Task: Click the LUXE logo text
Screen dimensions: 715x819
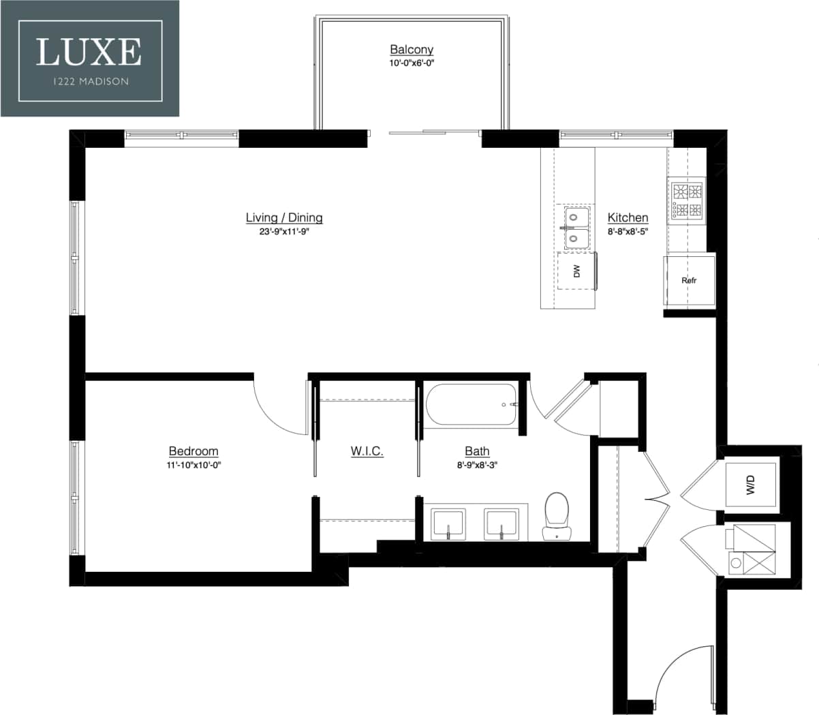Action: pyautogui.click(x=89, y=52)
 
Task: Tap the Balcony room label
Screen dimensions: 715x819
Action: pyautogui.click(x=412, y=49)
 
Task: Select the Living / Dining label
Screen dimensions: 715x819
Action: pyautogui.click(x=284, y=217)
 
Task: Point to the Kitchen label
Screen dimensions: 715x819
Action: pyautogui.click(x=628, y=217)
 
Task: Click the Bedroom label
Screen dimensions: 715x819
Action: pyautogui.click(x=194, y=451)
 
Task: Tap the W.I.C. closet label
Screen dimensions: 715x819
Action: pyautogui.click(x=367, y=451)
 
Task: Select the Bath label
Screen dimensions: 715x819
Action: pyautogui.click(x=477, y=451)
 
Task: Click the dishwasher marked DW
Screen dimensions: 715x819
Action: pyautogui.click(x=576, y=271)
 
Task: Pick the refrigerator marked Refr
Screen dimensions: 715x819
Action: pyautogui.click(x=690, y=280)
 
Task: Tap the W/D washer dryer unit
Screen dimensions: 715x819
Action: pyautogui.click(x=751, y=485)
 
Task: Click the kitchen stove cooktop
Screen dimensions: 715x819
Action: pyautogui.click(x=687, y=200)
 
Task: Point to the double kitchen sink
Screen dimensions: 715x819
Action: pyautogui.click(x=576, y=228)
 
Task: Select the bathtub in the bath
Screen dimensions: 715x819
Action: pyautogui.click(x=472, y=405)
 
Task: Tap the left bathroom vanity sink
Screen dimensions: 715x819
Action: pyautogui.click(x=448, y=523)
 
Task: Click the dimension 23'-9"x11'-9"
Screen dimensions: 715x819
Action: pyautogui.click(x=284, y=232)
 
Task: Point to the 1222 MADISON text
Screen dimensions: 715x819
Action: pyautogui.click(x=89, y=81)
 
